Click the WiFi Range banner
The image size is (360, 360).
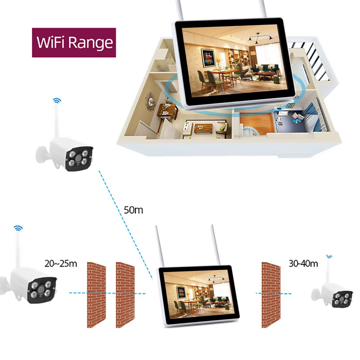[x=74, y=42]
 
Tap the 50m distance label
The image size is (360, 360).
[x=133, y=210]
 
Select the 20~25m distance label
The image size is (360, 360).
[x=60, y=264]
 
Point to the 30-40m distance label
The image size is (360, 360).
[x=303, y=264]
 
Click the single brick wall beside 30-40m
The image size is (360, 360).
[x=271, y=294]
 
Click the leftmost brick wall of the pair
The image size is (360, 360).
[x=96, y=294]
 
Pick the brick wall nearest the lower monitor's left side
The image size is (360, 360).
[x=125, y=294]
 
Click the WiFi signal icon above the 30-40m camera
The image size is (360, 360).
[x=329, y=257]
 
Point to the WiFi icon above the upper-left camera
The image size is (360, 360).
[x=57, y=100]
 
